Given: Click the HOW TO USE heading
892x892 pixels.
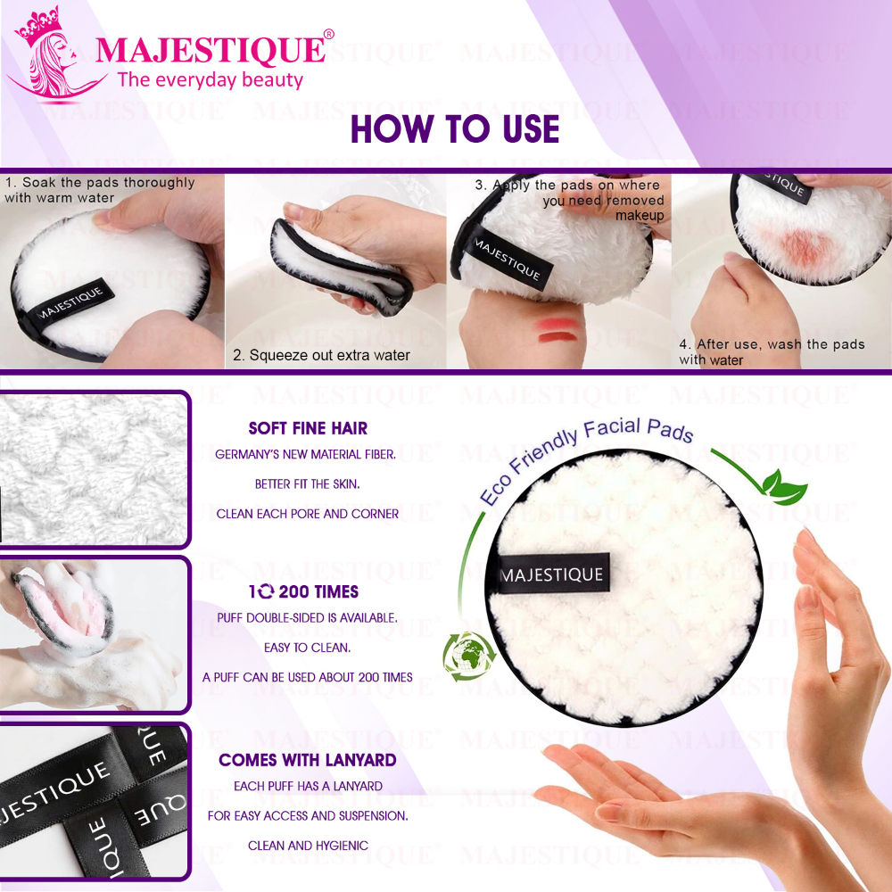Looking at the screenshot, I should pos(455,129).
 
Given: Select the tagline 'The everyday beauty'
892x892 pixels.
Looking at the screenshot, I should pos(211,80).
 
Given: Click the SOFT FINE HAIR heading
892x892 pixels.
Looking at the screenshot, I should pos(308,428).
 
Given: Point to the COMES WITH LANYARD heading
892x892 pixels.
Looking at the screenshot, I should pos(308,761).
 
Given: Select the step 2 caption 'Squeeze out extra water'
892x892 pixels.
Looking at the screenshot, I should pos(321,355).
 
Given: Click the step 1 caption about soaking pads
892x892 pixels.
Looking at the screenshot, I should pos(99,189).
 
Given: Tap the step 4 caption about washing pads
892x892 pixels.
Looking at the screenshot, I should pos(772,351).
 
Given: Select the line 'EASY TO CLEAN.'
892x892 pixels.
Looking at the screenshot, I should pos(307,648).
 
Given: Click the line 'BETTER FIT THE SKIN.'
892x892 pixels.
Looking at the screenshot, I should pos(307,484).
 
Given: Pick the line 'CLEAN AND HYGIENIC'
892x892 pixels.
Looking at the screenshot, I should pos(308,846).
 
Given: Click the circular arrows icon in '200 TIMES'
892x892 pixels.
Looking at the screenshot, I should pos(266,591).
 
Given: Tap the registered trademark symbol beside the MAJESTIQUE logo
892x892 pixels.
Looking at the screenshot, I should pos(328,35).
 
